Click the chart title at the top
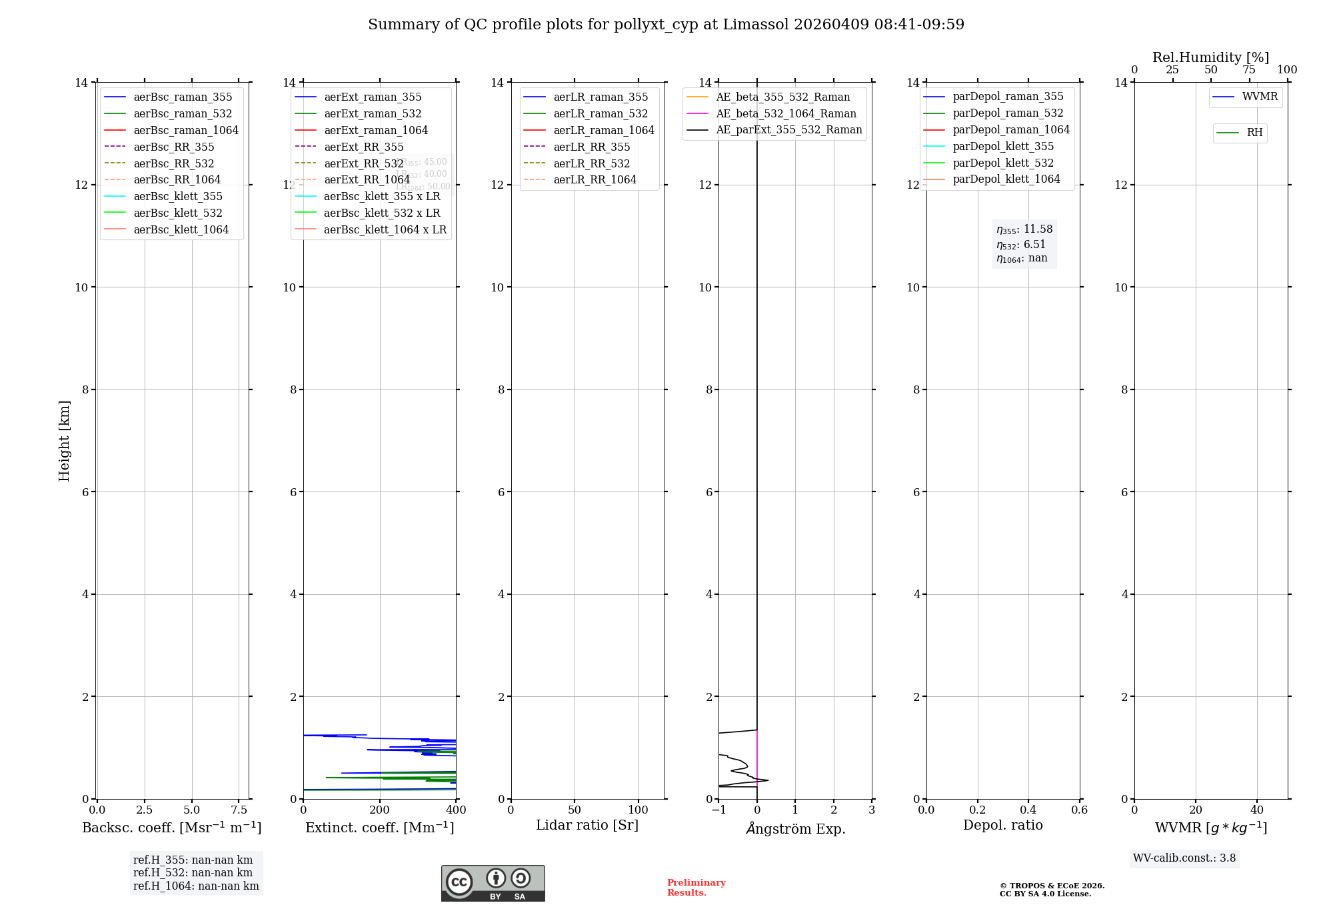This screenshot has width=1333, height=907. (666, 25)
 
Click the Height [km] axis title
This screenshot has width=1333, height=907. (64, 440)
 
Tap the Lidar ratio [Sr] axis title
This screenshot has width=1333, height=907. (587, 826)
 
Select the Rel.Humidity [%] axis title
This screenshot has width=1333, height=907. (1210, 57)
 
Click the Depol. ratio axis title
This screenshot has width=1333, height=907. (1002, 826)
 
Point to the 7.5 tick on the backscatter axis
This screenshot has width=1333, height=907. (239, 810)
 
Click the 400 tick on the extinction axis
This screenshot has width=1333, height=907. (456, 810)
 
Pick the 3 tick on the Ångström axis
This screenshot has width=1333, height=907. (872, 810)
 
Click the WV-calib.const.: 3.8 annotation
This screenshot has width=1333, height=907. (1184, 858)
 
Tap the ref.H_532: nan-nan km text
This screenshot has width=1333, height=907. (193, 873)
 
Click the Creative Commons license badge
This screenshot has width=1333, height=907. (493, 884)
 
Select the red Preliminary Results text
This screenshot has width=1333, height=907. (696, 888)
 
